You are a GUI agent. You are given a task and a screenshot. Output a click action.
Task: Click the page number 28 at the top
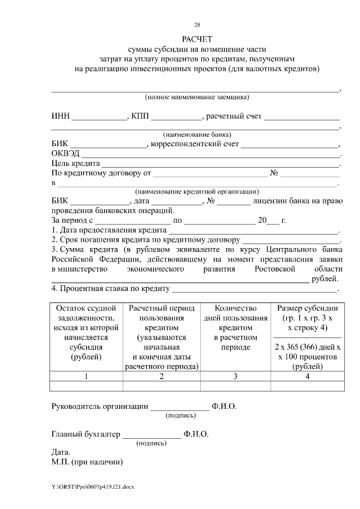tap(197, 25)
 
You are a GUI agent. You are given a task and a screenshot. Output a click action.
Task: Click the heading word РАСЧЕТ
tap(197, 39)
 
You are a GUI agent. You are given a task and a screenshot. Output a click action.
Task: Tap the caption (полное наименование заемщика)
tap(197, 97)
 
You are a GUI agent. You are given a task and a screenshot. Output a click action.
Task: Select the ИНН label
tap(60, 116)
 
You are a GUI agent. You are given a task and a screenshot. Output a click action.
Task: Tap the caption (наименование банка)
tap(197, 135)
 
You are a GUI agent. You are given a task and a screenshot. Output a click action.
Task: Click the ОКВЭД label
tap(66, 154)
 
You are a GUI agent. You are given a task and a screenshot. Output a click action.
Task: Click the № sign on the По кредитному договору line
tap(274, 173)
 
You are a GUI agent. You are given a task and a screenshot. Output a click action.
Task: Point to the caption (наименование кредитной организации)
tap(197, 191)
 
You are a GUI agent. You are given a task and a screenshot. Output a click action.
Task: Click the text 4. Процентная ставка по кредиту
tap(111, 289)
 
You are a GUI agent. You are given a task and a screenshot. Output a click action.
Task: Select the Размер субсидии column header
tap(308, 308)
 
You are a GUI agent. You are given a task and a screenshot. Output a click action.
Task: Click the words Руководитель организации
tap(100, 406)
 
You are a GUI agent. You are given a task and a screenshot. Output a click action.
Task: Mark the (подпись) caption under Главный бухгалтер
tap(152, 443)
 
